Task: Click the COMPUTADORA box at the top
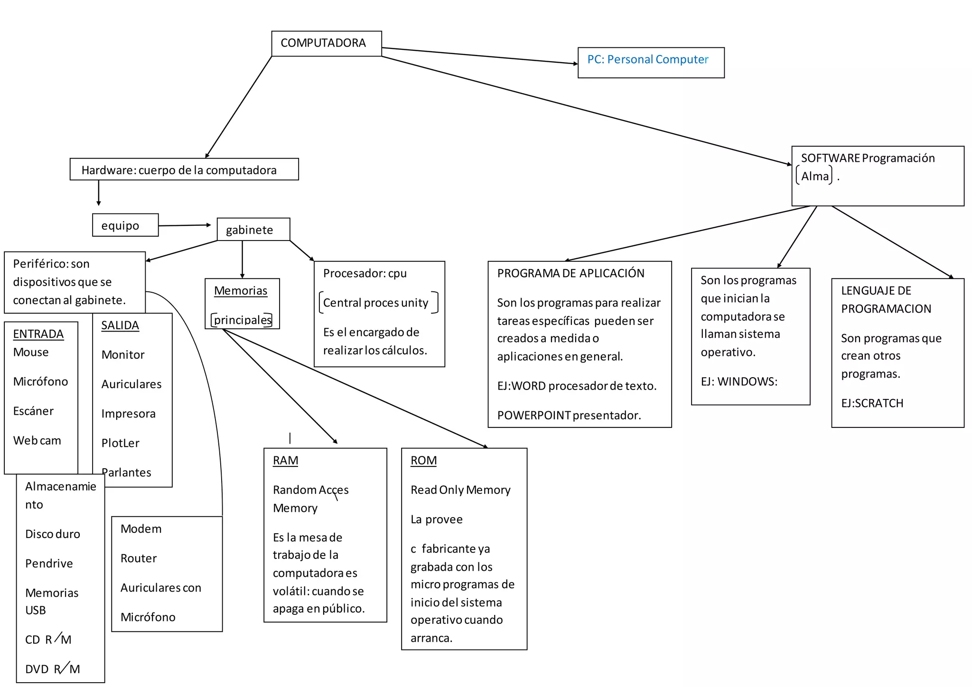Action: pyautogui.click(x=326, y=43)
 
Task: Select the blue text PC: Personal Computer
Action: pyautogui.click(x=647, y=60)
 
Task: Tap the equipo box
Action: pyautogui.click(x=125, y=225)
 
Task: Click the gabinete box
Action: pyautogui.click(x=253, y=230)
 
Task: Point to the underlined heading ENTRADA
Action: pyautogui.click(x=38, y=334)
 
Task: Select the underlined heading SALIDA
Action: pyautogui.click(x=120, y=325)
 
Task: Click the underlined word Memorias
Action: pyautogui.click(x=241, y=291)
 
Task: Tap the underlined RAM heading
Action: pyautogui.click(x=285, y=461)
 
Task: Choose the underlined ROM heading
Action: pyautogui.click(x=423, y=461)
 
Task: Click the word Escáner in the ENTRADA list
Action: pyautogui.click(x=33, y=411)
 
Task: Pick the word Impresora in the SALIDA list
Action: pyautogui.click(x=128, y=414)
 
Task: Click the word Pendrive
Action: pyautogui.click(x=49, y=564)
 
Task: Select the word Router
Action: pyautogui.click(x=138, y=558)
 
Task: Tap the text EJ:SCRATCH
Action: pyautogui.click(x=872, y=403)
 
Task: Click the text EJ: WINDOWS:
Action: pyautogui.click(x=738, y=381)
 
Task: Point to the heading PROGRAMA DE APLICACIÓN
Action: pyautogui.click(x=570, y=273)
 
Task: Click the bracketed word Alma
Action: pyautogui.click(x=814, y=176)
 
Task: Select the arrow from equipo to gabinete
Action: pyautogui.click(x=184, y=225)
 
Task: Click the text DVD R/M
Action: pyautogui.click(x=52, y=669)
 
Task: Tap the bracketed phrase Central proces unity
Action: pyautogui.click(x=375, y=303)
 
